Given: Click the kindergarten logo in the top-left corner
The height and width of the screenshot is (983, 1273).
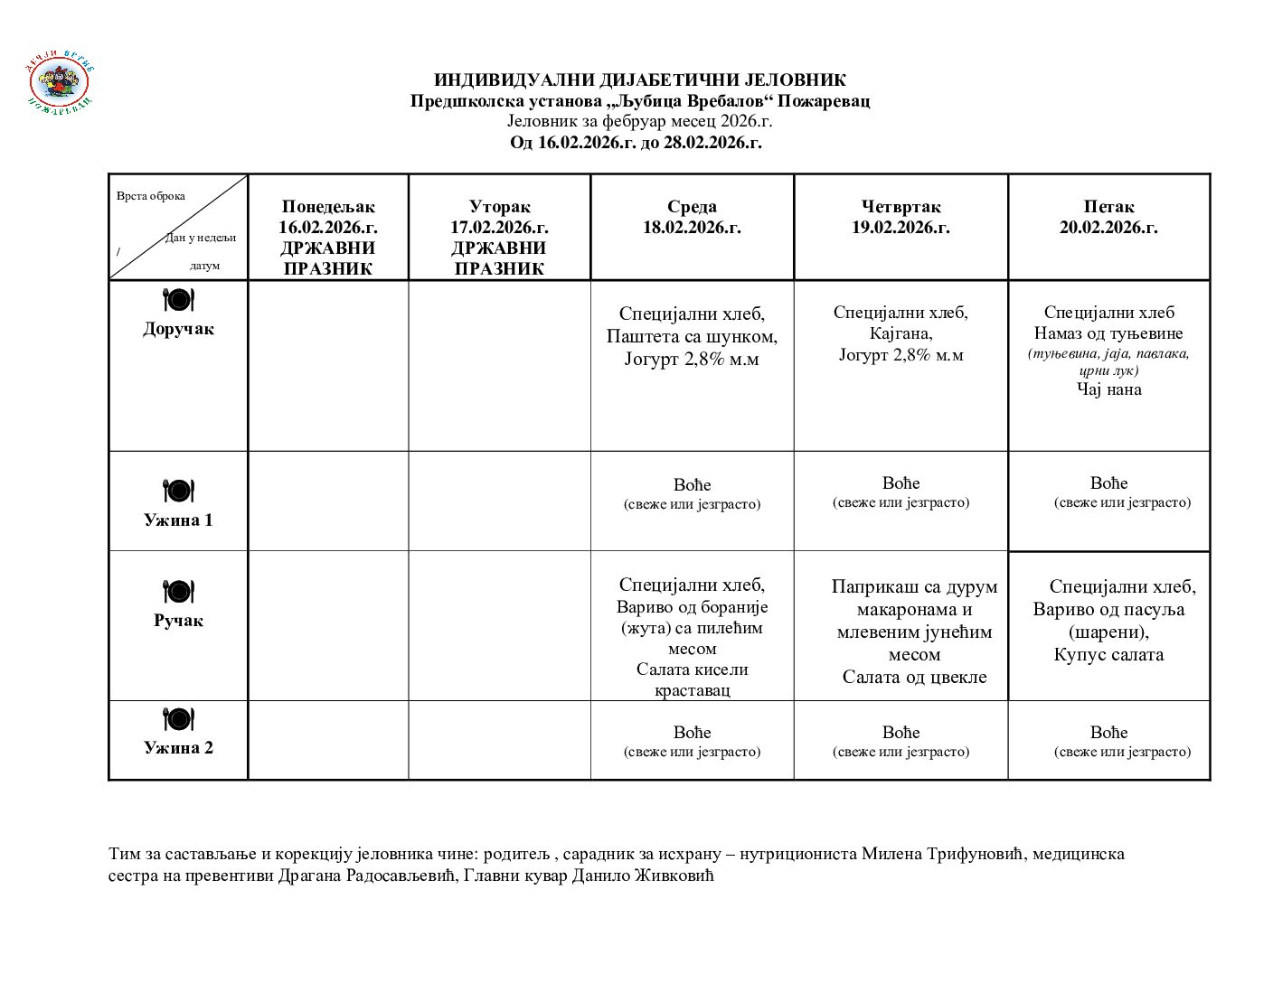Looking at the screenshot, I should [60, 85].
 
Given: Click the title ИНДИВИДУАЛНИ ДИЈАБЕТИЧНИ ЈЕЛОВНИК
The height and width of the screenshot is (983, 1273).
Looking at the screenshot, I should [639, 80].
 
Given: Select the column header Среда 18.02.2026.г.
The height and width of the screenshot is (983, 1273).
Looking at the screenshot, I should [692, 217].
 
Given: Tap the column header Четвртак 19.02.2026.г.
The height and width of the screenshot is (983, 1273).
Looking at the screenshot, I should [901, 217].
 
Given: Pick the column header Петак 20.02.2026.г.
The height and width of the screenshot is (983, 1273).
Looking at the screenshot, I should [1108, 217].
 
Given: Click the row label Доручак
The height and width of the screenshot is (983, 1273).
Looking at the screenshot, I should [178, 329].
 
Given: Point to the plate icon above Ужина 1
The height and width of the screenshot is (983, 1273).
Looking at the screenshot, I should [178, 491].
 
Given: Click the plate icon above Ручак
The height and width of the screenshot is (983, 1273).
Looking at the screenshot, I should [178, 592].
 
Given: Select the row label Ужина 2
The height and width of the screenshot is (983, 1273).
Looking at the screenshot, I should [178, 747].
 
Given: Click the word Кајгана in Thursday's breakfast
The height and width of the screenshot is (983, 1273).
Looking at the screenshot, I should [900, 333].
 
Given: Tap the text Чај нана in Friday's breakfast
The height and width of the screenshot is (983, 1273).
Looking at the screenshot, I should [1108, 389].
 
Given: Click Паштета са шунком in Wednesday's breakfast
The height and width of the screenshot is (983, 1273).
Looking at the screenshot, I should [692, 337].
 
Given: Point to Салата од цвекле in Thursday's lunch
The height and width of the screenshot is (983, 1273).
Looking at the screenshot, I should [914, 677].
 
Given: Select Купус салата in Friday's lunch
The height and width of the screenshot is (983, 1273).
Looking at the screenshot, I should [1108, 654].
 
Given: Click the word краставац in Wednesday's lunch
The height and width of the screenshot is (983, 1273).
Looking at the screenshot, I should [692, 690].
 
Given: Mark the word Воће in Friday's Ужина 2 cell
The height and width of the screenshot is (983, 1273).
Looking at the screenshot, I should [1108, 733].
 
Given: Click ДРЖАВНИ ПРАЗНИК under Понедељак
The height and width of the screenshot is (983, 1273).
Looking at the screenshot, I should [327, 258].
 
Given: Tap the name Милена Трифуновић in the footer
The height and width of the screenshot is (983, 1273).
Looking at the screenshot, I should [940, 854].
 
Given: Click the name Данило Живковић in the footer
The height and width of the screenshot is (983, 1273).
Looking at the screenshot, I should [643, 875].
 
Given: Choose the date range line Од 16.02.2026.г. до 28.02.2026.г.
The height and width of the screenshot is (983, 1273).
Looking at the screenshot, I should [636, 143].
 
